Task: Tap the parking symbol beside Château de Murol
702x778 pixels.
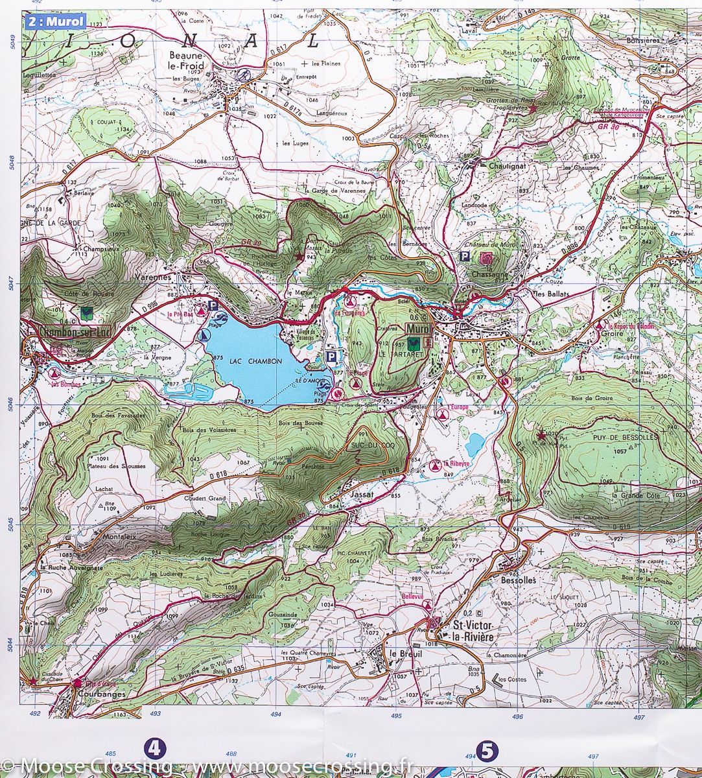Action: (464, 257)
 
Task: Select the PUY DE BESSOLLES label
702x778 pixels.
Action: (629, 437)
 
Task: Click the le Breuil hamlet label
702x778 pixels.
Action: (405, 654)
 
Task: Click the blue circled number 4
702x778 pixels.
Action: (155, 749)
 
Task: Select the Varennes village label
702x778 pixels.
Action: (152, 277)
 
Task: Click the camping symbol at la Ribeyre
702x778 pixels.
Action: (436, 465)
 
